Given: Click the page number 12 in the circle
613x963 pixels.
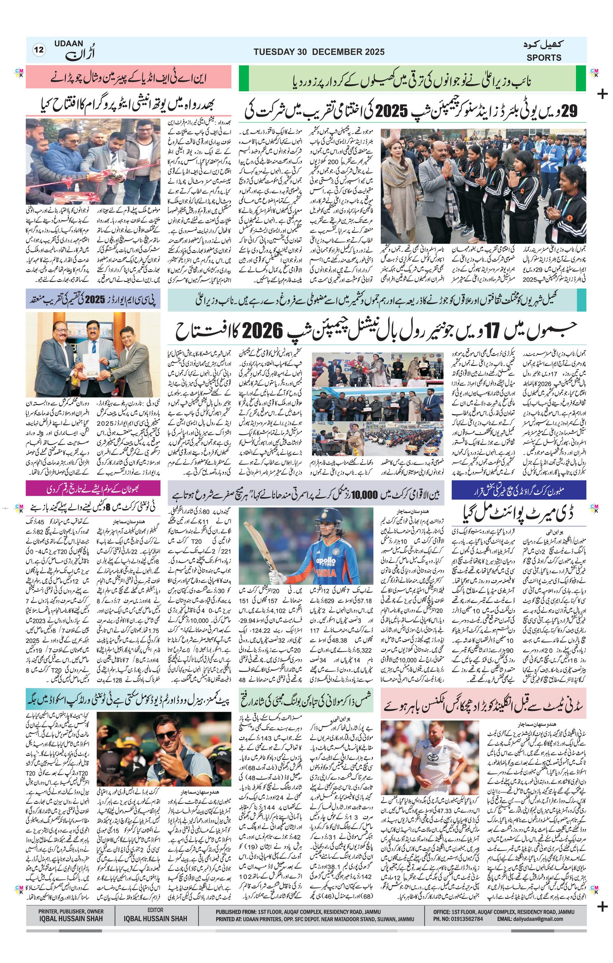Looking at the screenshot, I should point(39,51).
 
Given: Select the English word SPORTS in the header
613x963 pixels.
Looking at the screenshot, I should point(543,57).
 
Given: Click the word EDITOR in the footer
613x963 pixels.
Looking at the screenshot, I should point(155,910).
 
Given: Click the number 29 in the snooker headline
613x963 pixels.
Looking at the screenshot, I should point(570,111).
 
